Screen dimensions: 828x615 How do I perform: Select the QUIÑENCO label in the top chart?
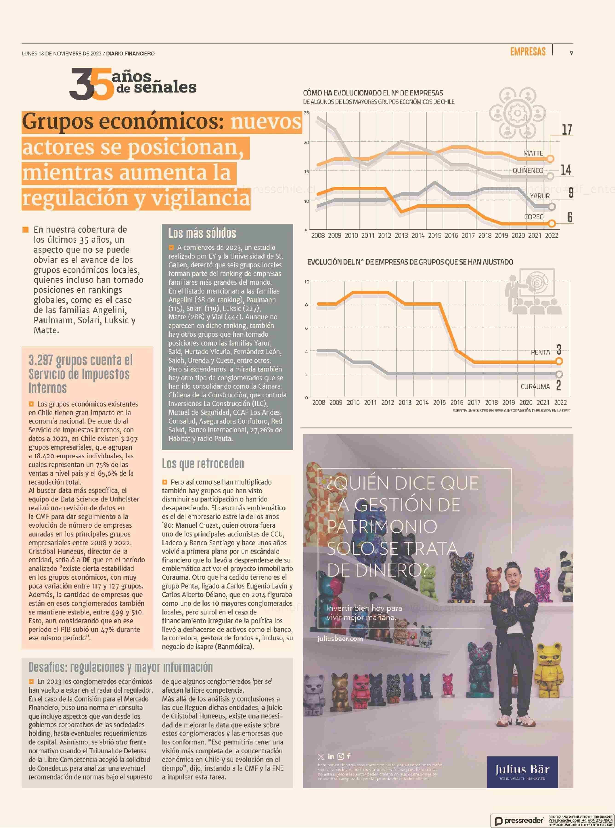coord(528,170)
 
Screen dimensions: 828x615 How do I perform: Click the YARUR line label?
coord(540,196)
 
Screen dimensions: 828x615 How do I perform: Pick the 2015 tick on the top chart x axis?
coord(434,235)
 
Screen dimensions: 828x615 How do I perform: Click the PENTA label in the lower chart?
coord(540,352)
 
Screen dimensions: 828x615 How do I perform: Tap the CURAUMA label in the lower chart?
coord(535,387)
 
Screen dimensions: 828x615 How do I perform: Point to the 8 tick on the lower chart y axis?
coord(306,305)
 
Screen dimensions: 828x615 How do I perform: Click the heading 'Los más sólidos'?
coord(202,234)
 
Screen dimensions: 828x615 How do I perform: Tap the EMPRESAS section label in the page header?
coord(528,52)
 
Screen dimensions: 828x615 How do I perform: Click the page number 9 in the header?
coord(571,53)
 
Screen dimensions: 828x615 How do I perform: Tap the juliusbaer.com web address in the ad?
coord(340,638)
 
